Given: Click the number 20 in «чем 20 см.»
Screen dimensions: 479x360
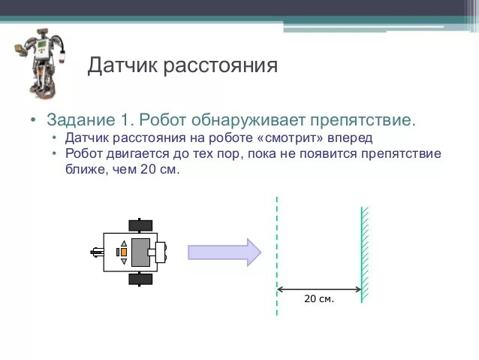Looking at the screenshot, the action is click(148, 170).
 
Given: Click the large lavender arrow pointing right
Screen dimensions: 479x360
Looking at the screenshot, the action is click(224, 252).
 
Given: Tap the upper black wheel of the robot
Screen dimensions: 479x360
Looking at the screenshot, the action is click(140, 225).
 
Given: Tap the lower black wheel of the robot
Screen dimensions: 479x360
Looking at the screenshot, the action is click(140, 280).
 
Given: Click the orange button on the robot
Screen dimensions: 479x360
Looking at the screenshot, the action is click(122, 253).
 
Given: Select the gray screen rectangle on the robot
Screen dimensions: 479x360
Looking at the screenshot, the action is click(140, 252).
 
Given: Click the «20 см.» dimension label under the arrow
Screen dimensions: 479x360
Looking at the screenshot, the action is click(319, 299).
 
